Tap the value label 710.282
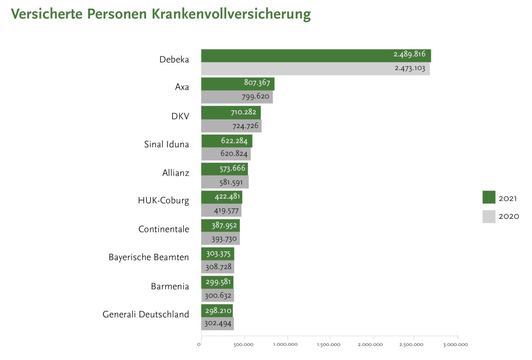(x=243, y=112)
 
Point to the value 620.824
(x=234, y=154)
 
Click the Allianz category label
(x=176, y=173)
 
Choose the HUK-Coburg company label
(x=164, y=200)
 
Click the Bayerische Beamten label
(x=149, y=257)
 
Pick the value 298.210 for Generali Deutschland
(x=218, y=311)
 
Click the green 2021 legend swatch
(x=489, y=197)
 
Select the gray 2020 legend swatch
(x=489, y=217)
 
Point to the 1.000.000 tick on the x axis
(x=285, y=344)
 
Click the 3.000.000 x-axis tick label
(x=455, y=344)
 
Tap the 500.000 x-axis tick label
(x=243, y=344)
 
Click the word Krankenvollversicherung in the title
(x=231, y=14)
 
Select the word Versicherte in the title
(x=47, y=14)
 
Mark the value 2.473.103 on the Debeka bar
(x=410, y=68)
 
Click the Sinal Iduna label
(x=166, y=144)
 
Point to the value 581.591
(x=231, y=182)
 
